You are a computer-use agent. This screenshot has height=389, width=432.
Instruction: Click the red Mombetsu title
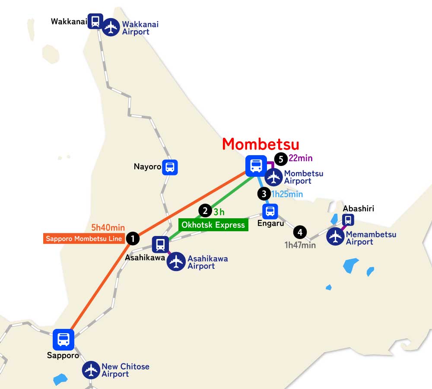click(260, 144)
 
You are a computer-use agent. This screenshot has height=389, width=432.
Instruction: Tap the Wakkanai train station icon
click(95, 21)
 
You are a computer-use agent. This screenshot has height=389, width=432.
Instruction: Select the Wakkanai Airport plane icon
click(111, 28)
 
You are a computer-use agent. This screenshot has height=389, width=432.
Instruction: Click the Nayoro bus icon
click(170, 167)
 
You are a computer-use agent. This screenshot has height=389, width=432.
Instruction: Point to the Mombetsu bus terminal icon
click(256, 166)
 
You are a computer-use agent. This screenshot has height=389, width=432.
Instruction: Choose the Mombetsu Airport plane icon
click(274, 177)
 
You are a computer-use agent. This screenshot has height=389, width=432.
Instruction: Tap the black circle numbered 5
click(281, 159)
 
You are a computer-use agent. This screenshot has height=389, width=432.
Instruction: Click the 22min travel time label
click(301, 158)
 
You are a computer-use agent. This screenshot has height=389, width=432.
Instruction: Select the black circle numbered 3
click(264, 194)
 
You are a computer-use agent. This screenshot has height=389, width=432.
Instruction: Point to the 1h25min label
click(287, 194)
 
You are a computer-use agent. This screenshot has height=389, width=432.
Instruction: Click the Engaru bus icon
click(270, 211)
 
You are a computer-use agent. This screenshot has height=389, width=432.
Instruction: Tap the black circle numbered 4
click(299, 233)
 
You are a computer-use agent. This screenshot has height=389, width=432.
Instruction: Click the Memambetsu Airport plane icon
click(335, 237)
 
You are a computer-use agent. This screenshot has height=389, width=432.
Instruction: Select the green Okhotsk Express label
click(213, 225)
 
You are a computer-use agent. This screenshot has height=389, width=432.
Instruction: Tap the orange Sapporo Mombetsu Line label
click(84, 238)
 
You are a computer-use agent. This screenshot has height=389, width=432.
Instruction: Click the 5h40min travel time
click(108, 228)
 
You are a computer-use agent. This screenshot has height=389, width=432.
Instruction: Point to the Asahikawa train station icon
click(160, 244)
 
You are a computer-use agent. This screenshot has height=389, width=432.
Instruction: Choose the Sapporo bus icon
click(64, 340)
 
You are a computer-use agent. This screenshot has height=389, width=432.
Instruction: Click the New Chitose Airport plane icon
click(91, 370)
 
